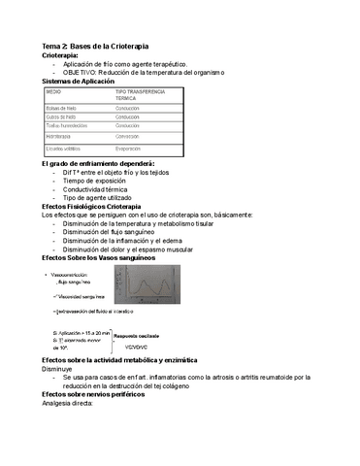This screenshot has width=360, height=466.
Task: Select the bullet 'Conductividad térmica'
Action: click(x=102, y=190)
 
